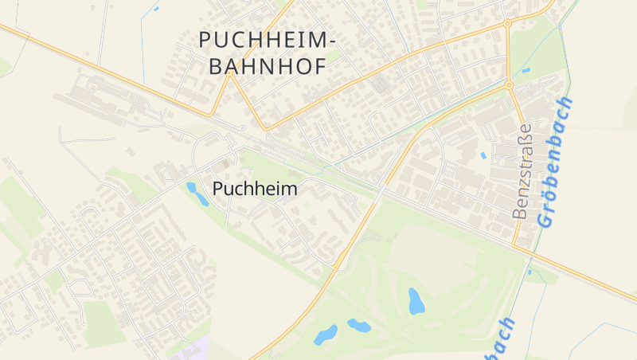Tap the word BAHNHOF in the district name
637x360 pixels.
click(268, 66)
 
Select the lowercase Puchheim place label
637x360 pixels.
click(256, 190)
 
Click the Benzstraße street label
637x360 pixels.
click(522, 171)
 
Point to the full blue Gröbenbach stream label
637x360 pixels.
click(555, 162)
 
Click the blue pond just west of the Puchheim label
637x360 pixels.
click(197, 194)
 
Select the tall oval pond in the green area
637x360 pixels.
click(416, 300)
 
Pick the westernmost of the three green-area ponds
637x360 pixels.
click(325, 335)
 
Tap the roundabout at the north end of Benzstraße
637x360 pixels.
click(509, 84)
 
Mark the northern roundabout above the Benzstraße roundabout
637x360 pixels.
click(507, 24)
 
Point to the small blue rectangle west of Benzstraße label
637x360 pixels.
click(483, 155)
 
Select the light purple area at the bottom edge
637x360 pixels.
click(191, 350)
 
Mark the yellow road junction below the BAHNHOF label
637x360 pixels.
click(266, 127)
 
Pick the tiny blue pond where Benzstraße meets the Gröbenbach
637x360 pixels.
click(528, 272)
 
